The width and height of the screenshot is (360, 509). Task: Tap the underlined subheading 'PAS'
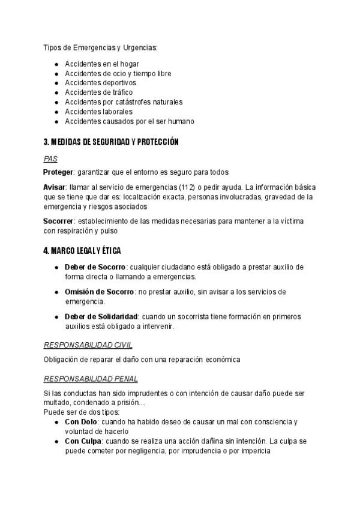(50, 159)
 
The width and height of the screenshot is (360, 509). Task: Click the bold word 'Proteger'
(59, 172)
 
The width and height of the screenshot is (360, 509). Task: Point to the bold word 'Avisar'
(55, 187)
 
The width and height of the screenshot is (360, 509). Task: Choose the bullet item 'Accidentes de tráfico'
(98, 92)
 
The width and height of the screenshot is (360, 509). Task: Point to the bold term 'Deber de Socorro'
(95, 267)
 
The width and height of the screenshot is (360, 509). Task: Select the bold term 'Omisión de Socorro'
(100, 292)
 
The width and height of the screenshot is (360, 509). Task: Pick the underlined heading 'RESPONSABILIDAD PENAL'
(91, 379)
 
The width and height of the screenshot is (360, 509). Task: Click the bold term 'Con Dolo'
(81, 422)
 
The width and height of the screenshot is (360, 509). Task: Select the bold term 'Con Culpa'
(82, 441)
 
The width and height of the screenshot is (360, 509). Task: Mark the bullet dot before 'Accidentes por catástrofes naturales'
(56, 102)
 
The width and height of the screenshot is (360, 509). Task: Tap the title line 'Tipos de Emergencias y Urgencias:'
(100, 47)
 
